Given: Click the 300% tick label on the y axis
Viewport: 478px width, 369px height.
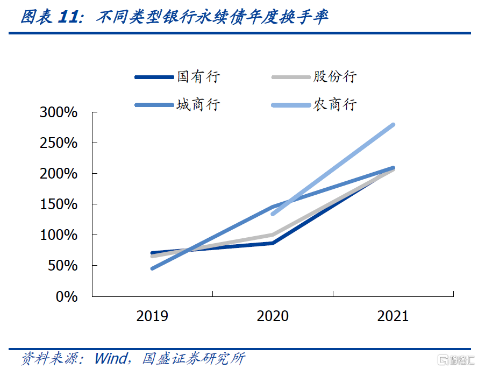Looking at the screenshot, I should coord(59,113).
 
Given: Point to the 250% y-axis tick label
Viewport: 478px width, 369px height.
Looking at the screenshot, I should coord(59,144).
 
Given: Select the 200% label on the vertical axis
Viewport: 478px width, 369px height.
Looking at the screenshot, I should coord(59,174).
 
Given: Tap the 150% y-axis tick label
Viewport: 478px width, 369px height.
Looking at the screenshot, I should coord(59,205).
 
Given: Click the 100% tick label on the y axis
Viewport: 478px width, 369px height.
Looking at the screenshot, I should coord(59,236).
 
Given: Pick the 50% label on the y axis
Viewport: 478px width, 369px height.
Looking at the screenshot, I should coord(63,266).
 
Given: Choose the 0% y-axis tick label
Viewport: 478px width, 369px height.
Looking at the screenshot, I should coord(67,297).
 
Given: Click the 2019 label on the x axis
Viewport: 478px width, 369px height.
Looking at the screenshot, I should coord(152,316).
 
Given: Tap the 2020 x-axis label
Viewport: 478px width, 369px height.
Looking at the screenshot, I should coord(273,316).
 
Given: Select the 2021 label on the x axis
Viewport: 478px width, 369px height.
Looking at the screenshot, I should coord(393,316).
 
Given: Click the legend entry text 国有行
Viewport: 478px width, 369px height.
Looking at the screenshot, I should coord(199,77).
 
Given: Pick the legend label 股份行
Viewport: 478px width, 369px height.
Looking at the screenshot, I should coord(335,77).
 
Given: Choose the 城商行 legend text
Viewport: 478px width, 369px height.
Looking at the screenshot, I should coord(199,104).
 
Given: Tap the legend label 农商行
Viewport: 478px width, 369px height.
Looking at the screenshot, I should coord(335,104).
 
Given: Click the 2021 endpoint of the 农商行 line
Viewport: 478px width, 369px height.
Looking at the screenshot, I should coord(393,125).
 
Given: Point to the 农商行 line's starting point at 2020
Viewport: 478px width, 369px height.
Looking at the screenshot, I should coord(273,214).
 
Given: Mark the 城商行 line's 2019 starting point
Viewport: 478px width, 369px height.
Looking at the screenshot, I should coord(153,268).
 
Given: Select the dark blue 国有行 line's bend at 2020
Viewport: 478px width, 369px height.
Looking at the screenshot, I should coord(273,243).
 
